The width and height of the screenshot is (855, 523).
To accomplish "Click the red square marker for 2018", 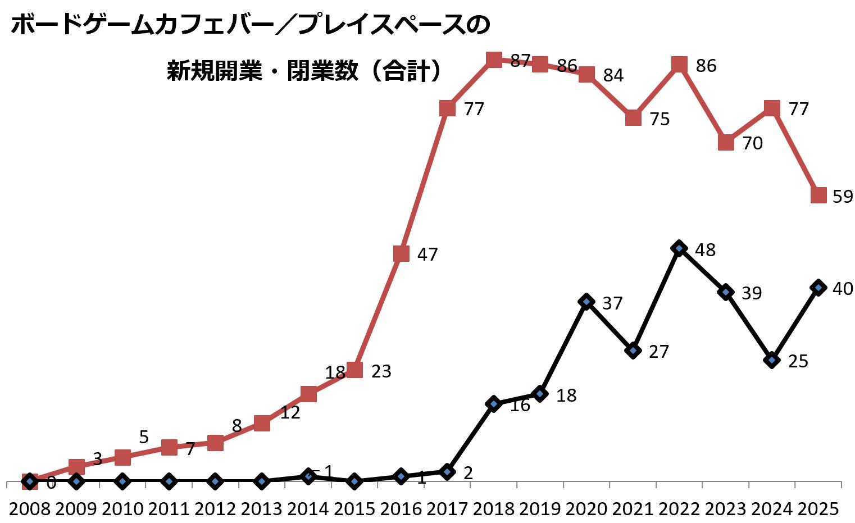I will pos(494,60).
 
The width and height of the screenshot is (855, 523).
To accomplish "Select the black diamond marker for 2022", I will pos(680,248).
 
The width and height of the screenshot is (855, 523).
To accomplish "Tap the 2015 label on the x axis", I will pos(354,509).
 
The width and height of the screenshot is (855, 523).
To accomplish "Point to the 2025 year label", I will pos(818,509).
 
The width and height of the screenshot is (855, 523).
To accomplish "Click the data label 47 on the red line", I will pos(427,254).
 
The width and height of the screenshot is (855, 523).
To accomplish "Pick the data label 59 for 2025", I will pos(843,197).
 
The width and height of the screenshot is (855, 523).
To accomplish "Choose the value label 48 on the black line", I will pos(705,250).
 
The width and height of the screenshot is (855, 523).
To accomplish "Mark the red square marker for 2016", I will pos(401,253).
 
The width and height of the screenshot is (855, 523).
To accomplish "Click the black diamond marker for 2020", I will pos(586,302).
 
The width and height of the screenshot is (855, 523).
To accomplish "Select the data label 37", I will pos(612,303).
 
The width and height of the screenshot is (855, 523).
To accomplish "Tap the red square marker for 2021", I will pos(633,118).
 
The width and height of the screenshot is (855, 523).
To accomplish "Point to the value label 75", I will pos(660,120).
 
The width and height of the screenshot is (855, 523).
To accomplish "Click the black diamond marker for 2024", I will pos(772,360).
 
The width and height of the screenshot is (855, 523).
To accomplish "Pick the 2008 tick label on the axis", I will pos(30,509).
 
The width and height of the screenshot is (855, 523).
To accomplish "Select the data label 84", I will pos(613,75).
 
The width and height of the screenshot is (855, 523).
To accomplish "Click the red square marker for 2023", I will pos(726,143).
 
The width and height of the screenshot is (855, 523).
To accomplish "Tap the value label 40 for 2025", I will pos(843,289).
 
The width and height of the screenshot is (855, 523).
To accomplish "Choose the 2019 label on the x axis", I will pos(540,509).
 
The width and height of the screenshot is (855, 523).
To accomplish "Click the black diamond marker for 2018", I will pos(494,403).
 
